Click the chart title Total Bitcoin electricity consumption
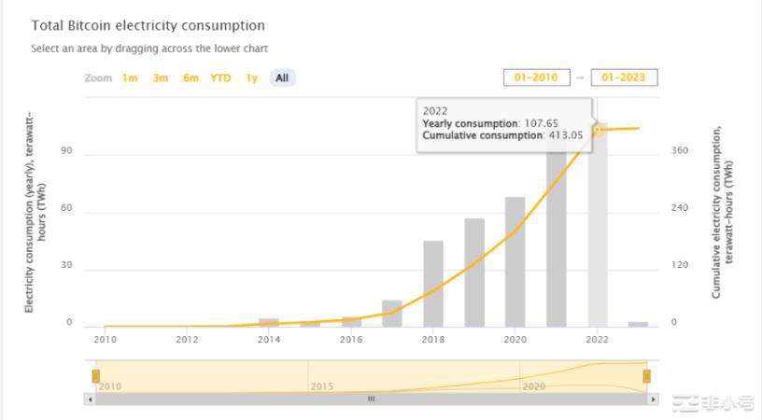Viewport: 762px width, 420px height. coord(148,26)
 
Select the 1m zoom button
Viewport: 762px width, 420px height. coord(130,78)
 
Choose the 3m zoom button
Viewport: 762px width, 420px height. coord(161,78)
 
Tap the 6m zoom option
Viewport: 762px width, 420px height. coord(190,78)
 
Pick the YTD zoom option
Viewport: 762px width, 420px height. coord(220,78)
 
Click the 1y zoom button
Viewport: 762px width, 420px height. coord(251,78)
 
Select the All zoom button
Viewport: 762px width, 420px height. coord(281,78)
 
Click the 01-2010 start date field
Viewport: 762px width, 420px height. coord(536,77)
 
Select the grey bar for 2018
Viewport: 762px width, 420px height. coord(433,284)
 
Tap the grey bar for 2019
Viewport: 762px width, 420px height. coord(474,273)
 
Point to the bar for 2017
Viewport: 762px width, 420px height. coord(392,314)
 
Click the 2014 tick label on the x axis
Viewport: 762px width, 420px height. coord(269,340)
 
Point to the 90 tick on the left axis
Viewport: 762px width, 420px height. coord(67,152)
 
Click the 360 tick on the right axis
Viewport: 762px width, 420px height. coord(680,151)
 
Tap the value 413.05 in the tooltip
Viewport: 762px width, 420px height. coord(564,135)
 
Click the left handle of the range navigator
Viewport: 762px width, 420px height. coord(95,375)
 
